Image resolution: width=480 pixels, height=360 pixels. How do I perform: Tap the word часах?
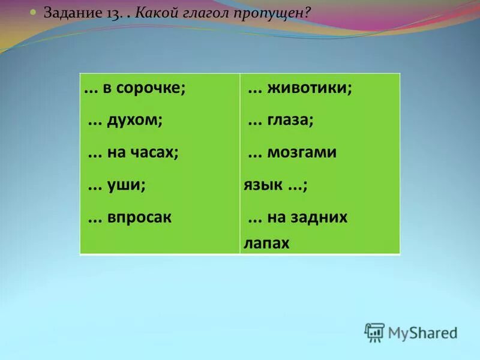[157, 152]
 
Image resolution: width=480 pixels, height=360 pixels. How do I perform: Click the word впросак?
[140, 217]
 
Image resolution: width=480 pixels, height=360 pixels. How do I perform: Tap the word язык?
[263, 185]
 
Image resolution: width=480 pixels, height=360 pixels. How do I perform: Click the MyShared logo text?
[422, 332]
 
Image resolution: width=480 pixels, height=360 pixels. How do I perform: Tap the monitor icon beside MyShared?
[374, 332]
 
